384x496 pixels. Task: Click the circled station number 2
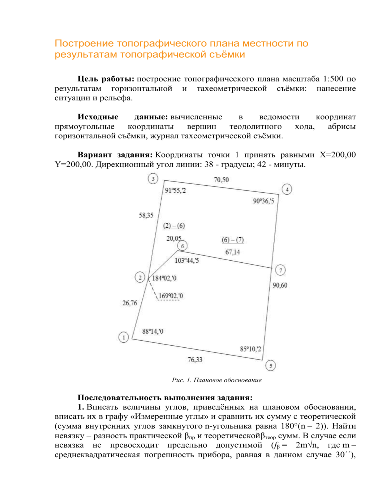coord(141,277)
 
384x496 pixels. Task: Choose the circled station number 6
coord(183,246)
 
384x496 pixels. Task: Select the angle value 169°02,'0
coord(170,296)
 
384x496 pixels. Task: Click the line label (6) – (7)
coord(233,240)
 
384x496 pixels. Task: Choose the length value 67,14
coord(233,252)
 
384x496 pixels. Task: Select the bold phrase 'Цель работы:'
coord(106,79)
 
